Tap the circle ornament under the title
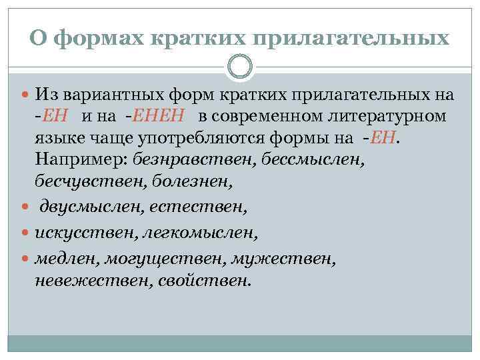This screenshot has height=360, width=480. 240,66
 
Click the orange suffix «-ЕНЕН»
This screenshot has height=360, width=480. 161,119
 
